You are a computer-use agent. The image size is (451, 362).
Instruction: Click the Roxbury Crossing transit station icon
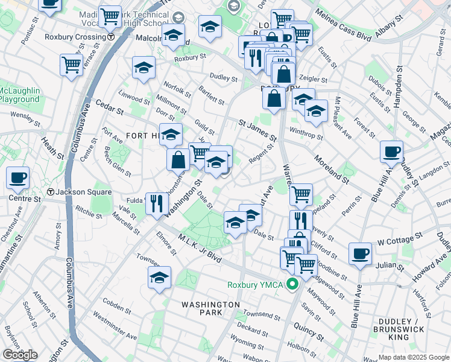tap(112, 37)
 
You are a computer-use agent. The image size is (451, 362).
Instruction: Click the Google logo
tap(20, 355)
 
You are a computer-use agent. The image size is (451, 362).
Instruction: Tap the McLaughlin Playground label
tap(20, 95)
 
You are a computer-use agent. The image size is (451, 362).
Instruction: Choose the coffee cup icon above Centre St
tap(17, 178)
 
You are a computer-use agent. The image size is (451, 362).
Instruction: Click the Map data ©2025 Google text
tap(413, 357)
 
